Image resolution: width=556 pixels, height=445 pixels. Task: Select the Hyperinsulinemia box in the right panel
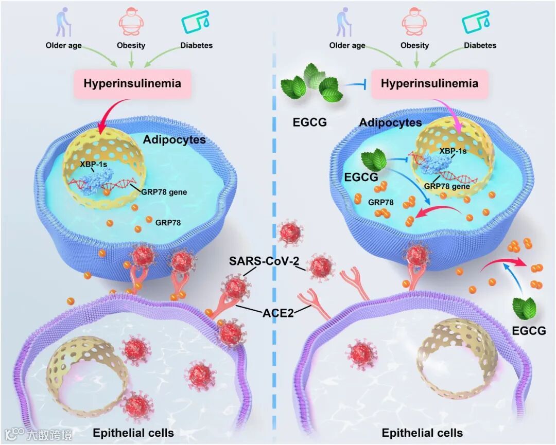[429, 83]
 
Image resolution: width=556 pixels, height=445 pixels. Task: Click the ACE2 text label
[276, 312]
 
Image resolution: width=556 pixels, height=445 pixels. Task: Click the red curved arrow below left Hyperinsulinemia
[106, 115]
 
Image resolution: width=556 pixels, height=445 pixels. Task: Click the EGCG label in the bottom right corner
[529, 331]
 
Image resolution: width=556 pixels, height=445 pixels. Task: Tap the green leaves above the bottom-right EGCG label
[524, 308]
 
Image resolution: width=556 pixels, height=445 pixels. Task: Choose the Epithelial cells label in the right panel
[422, 433]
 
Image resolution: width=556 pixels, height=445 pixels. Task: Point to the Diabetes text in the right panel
[480, 45]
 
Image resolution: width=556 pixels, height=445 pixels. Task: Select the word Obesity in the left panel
[131, 45]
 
